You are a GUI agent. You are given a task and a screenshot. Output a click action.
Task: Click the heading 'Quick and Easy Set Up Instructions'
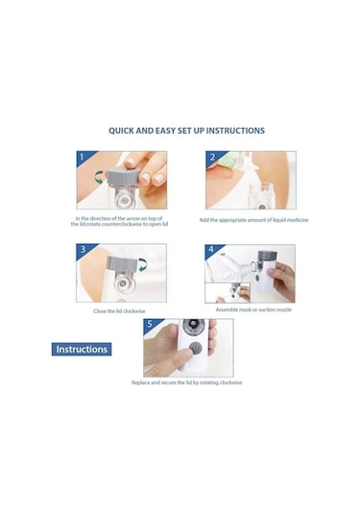tap(186, 131)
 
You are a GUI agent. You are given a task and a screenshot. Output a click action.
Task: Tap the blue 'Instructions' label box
tap(82, 349)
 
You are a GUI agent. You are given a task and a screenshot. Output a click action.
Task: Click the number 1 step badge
tap(83, 157)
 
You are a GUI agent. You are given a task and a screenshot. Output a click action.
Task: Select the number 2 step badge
tap(212, 157)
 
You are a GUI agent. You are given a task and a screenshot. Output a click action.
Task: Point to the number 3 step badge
tap(83, 249)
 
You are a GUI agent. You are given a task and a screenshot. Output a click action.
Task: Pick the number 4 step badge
tap(211, 250)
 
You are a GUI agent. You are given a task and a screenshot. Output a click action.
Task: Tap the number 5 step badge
tap(150, 324)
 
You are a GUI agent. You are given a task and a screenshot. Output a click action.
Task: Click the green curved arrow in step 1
tap(98, 178)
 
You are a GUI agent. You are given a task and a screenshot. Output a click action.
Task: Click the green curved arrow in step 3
tap(143, 265)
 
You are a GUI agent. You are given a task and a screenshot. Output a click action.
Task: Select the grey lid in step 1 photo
tap(122, 176)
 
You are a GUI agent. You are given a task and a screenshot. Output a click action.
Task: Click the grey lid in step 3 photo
tap(123, 263)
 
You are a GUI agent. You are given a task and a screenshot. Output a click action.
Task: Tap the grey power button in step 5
tap(196, 348)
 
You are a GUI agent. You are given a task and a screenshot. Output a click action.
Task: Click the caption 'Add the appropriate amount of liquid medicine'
tap(253, 220)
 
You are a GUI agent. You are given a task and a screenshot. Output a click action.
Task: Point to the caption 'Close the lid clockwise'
tap(119, 311)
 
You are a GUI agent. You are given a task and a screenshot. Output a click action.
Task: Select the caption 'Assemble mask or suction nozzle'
tap(253, 309)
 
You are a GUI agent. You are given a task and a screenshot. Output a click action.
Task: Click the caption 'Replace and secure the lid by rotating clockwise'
tap(186, 382)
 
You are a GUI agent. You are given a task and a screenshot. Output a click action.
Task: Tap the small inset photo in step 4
tap(228, 293)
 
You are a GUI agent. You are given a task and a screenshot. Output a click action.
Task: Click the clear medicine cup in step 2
tap(261, 194)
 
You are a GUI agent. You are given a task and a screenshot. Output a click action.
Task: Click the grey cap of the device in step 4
tap(267, 256)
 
